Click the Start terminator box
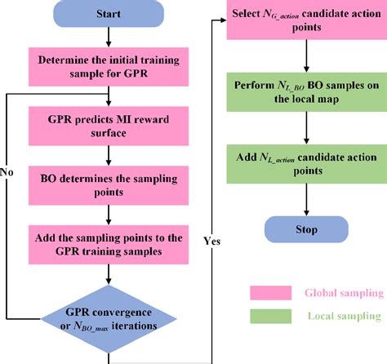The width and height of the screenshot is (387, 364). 109,16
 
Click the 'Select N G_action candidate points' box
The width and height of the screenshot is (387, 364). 307,21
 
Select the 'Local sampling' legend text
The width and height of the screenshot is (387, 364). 342,316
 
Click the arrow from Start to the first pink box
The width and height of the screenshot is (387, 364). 109,38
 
